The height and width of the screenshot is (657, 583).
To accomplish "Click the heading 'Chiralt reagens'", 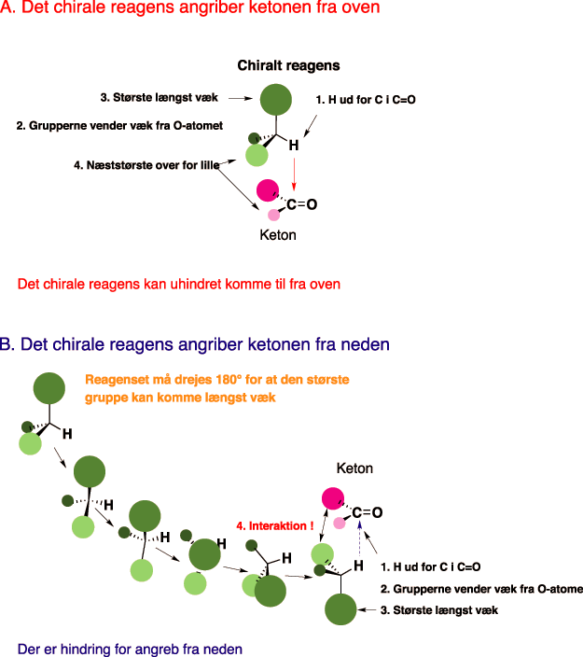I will coord(288,65).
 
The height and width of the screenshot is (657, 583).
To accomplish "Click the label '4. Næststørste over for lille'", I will coord(146,165).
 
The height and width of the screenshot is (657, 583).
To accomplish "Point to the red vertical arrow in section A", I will coord(295,174).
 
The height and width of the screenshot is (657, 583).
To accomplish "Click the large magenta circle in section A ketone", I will coord(268,191).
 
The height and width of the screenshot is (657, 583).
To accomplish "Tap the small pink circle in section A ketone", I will coord(274,216).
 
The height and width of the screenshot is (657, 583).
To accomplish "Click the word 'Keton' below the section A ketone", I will coord(278,235).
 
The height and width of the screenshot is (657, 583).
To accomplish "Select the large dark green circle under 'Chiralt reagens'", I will coord(275,98).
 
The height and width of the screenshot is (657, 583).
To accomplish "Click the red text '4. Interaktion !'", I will coord(274,526).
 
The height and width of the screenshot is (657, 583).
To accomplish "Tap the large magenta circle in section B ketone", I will coord(332,499).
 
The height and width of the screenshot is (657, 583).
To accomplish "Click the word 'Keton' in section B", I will coord(354,468).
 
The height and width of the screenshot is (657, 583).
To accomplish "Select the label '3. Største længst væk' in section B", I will coord(438,609).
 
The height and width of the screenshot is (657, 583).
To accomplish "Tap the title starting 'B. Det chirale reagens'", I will coord(195,344).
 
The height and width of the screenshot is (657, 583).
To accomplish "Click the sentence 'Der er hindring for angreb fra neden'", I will coord(131,648).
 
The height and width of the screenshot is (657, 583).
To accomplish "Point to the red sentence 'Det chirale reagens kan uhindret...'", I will coord(179,283).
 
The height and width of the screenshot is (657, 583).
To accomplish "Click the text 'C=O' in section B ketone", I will coord(368,512).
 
